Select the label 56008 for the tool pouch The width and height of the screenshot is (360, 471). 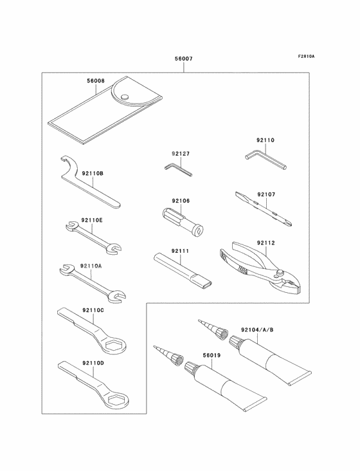click(96, 82)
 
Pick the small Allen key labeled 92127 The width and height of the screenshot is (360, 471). click(177, 169)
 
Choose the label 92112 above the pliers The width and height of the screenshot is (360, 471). click(265, 243)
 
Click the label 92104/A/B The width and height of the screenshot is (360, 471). click(257, 329)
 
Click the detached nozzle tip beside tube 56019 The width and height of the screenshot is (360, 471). click(169, 355)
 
